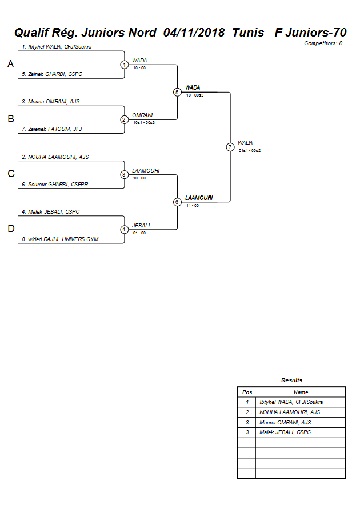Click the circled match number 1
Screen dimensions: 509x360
124,65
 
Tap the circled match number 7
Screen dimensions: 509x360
230,147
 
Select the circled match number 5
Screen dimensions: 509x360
177,92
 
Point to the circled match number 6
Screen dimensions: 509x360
177,202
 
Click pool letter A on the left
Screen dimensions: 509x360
10,65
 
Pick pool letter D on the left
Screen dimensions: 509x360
10,229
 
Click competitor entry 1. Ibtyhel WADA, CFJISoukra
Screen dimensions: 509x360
57,46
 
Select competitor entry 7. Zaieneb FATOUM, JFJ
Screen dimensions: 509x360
52,129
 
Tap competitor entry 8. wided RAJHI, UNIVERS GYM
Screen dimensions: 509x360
60,239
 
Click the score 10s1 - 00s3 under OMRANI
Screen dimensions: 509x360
144,122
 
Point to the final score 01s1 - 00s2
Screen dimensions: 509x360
250,150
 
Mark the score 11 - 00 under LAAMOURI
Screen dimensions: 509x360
193,205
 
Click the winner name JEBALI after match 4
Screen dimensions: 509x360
141,225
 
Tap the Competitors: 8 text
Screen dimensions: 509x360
323,43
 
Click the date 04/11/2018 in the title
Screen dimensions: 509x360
194,33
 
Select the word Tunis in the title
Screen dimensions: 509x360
248,33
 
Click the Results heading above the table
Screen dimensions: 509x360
291,380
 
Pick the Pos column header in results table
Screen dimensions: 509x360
247,392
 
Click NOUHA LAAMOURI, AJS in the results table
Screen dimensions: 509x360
290,412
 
